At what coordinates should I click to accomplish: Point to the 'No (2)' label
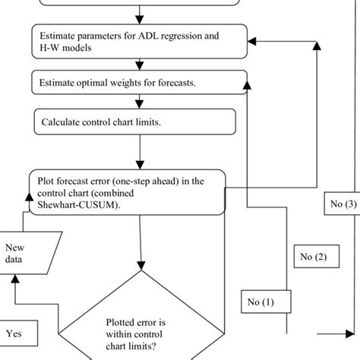tap(312, 257)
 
